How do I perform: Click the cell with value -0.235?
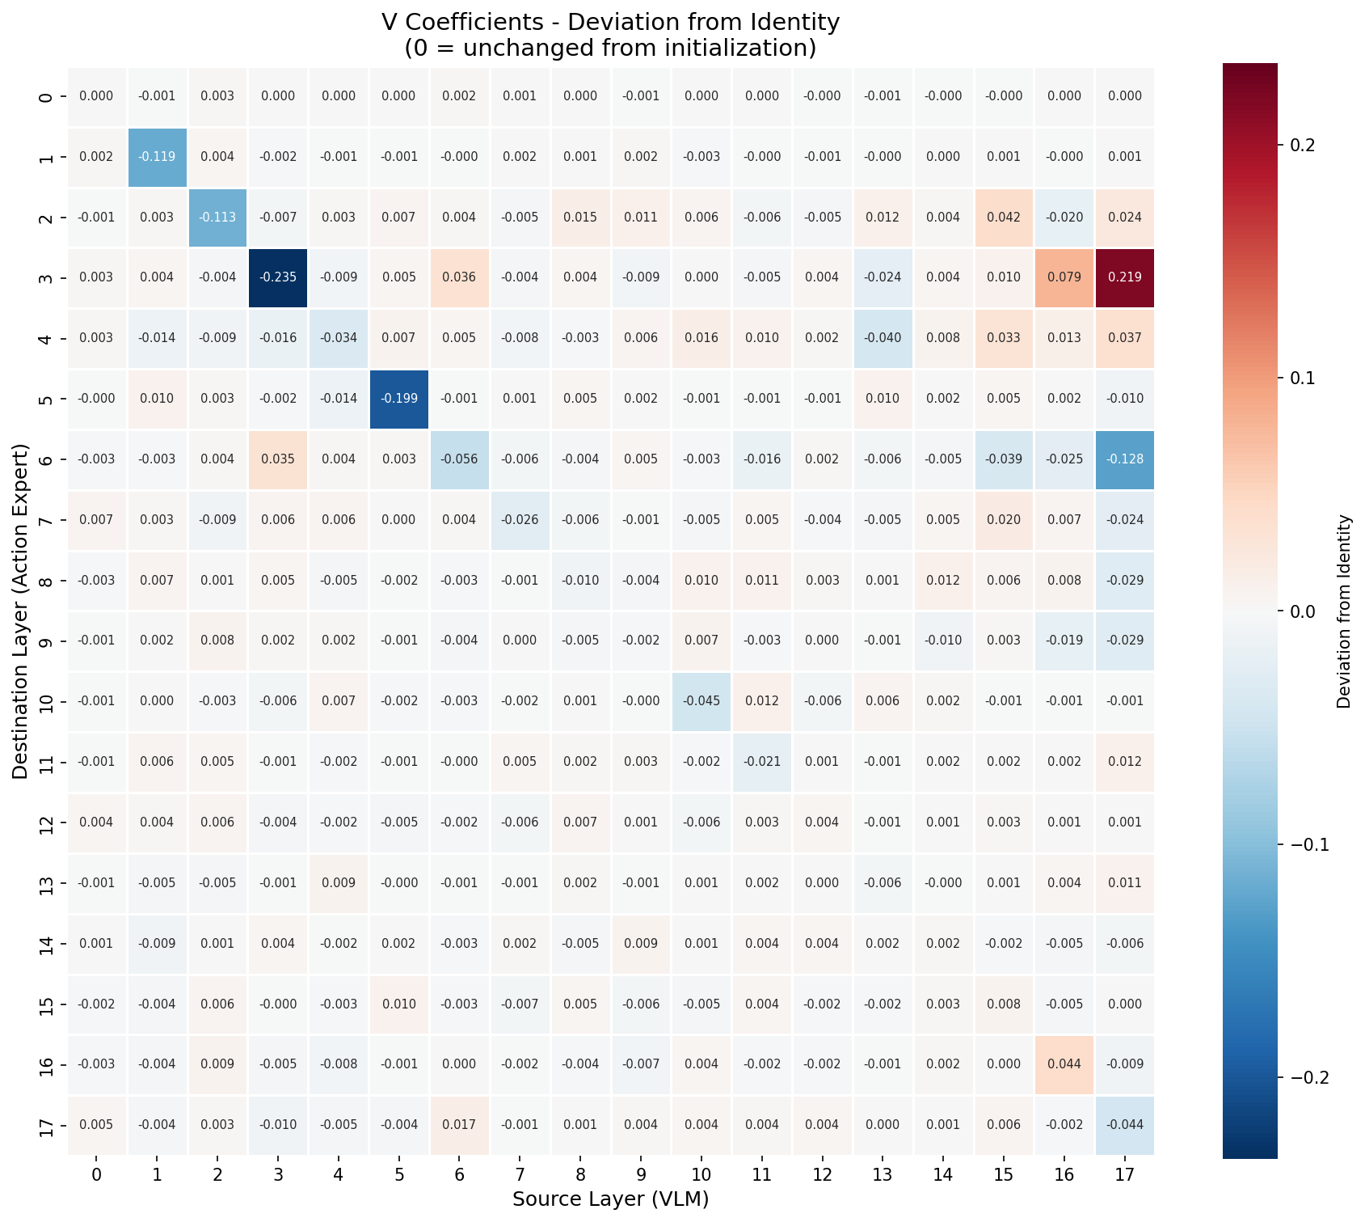pyautogui.click(x=277, y=277)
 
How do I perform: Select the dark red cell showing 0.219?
pyautogui.click(x=1124, y=277)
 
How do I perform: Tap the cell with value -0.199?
pyautogui.click(x=398, y=399)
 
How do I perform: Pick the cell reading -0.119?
pyautogui.click(x=157, y=157)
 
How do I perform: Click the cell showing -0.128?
pyautogui.click(x=1124, y=459)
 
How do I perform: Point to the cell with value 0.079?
pyautogui.click(x=1064, y=277)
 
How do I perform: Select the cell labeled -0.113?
pyautogui.click(x=217, y=218)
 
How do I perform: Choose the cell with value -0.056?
pyautogui.click(x=459, y=459)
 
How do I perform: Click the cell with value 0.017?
pyautogui.click(x=459, y=1125)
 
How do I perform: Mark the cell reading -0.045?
pyautogui.click(x=701, y=701)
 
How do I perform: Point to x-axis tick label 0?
pyautogui.click(x=96, y=1173)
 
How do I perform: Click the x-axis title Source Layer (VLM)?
pyautogui.click(x=610, y=1199)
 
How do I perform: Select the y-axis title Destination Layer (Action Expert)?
pyautogui.click(x=21, y=611)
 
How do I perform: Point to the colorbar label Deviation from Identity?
pyautogui.click(x=1344, y=611)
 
